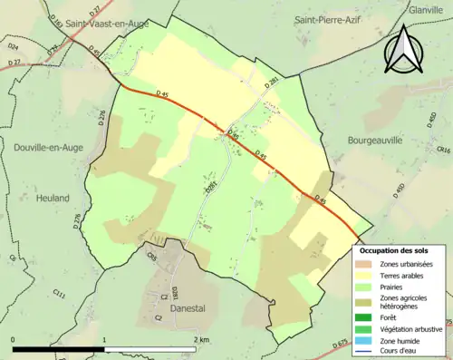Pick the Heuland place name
[x=53, y=197]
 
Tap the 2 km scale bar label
[x=202, y=339]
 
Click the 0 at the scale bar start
[x=13, y=339]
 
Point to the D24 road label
[x=13, y=44]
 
